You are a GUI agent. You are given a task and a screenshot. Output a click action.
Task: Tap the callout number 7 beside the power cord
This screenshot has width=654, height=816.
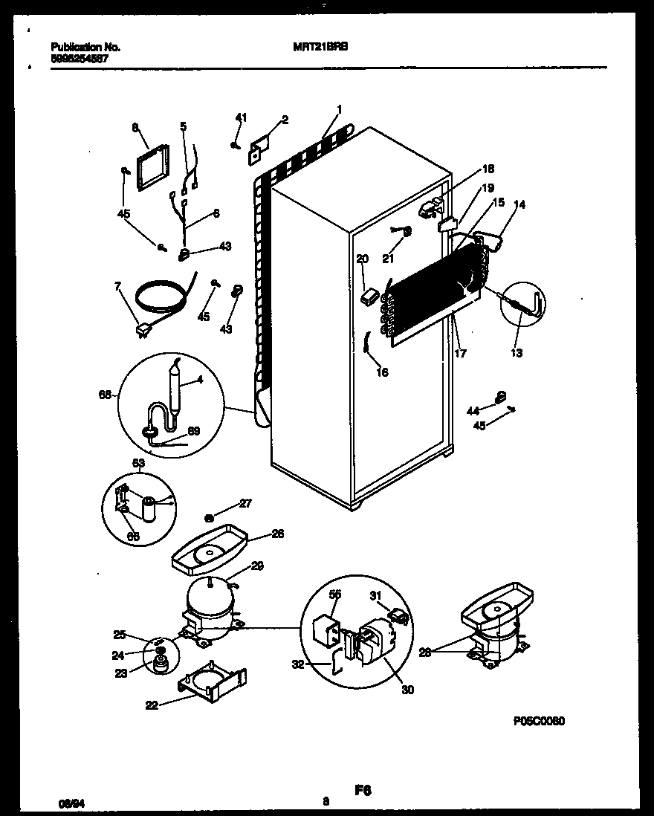(x=117, y=286)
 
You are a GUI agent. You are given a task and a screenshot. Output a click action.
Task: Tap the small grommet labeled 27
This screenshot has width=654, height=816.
(x=210, y=516)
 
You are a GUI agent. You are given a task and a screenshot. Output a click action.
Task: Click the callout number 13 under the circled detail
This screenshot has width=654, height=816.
(x=517, y=352)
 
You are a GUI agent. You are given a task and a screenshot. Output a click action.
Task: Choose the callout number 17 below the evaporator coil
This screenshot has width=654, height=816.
(x=460, y=354)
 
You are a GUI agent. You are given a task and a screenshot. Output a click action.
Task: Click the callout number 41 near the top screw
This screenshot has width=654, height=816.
(x=240, y=117)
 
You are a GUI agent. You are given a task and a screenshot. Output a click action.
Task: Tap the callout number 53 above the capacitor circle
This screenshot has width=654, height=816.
(x=139, y=464)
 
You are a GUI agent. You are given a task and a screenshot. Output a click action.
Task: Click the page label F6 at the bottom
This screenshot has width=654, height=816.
(x=363, y=791)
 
